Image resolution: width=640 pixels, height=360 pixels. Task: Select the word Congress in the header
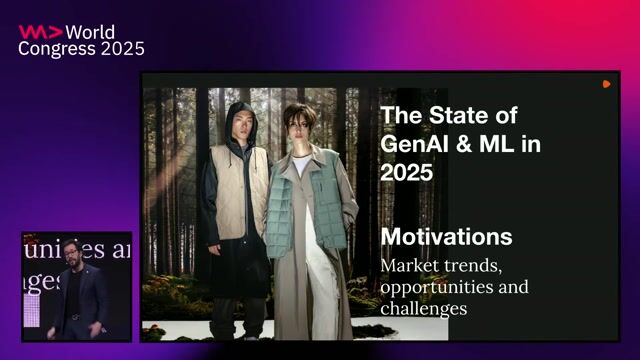(x=53, y=49)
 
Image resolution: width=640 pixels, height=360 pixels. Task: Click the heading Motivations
(x=446, y=237)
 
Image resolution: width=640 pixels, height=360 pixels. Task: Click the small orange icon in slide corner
(x=606, y=84)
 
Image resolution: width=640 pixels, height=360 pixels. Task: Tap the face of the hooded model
(x=235, y=127)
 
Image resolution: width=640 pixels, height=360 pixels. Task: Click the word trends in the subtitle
(x=475, y=266)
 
